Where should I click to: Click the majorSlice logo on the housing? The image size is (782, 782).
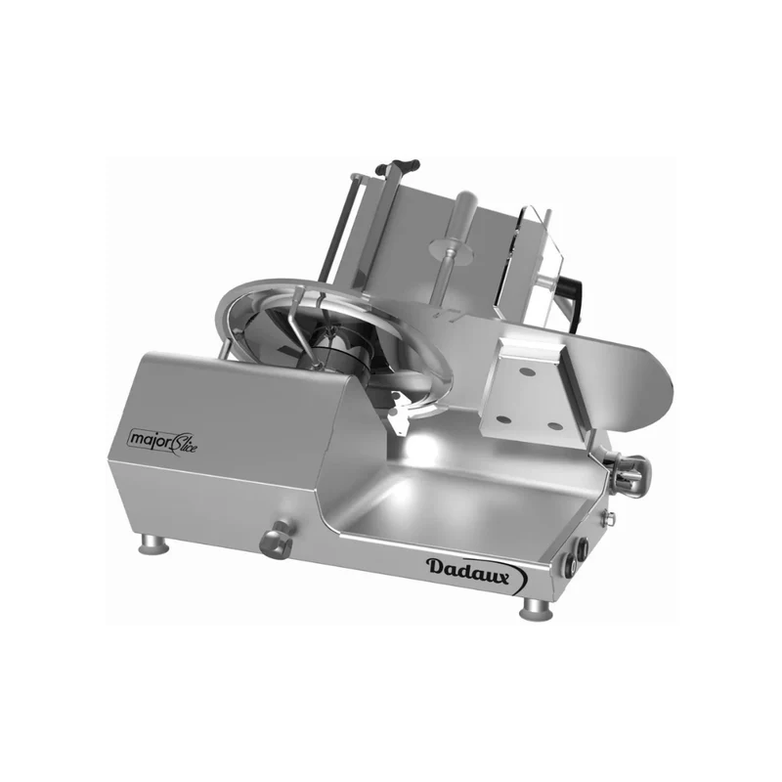point(163,441)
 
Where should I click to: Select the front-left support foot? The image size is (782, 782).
point(154,543)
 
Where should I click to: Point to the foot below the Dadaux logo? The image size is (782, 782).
point(536,609)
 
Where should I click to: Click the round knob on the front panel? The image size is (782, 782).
point(278,540)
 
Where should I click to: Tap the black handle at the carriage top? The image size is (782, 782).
point(398,165)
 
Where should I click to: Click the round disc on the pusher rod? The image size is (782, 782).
point(452,250)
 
